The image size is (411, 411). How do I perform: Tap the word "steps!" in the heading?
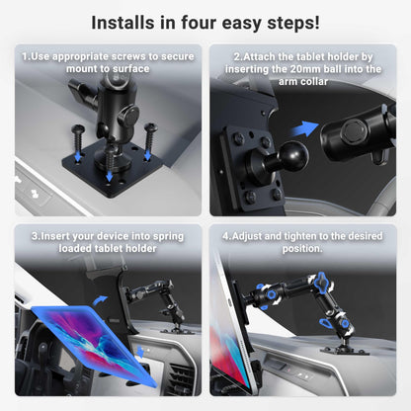[x=293, y=23]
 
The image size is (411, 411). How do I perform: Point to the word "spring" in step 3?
[x=168, y=237]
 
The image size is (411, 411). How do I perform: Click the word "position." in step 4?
[x=302, y=249]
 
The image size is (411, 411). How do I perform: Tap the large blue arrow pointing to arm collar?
[x=304, y=128]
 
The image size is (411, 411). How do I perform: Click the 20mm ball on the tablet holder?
[x=293, y=155]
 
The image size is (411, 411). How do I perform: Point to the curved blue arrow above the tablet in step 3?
[x=100, y=300]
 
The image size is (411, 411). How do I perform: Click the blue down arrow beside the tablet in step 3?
[x=141, y=352]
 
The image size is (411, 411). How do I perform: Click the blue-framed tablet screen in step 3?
[x=94, y=342]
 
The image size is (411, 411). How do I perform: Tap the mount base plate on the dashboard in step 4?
[x=345, y=352]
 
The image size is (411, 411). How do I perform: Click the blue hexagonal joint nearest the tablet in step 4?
[x=272, y=294]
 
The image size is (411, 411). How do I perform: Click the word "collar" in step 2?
[x=313, y=81]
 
